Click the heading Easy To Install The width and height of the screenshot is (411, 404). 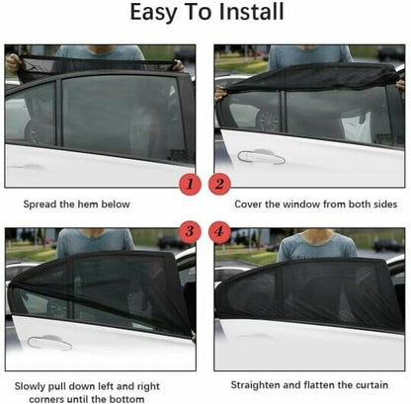click(205, 14)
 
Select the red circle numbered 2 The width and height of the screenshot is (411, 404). click(220, 184)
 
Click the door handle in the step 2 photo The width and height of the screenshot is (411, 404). click(260, 156)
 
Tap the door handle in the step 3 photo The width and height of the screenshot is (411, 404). click(49, 342)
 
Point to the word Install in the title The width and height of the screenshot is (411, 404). click(251, 14)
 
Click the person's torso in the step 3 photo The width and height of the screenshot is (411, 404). click(95, 241)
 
